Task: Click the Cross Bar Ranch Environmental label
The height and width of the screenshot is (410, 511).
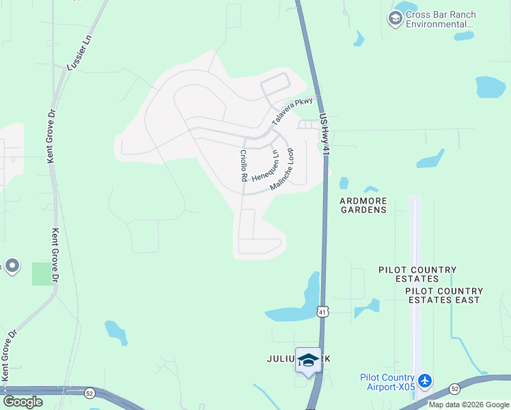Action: pyautogui.click(x=441, y=19)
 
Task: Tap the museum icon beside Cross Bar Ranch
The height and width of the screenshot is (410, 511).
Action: pyautogui.click(x=395, y=18)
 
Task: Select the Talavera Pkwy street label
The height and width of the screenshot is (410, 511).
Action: pyautogui.click(x=292, y=111)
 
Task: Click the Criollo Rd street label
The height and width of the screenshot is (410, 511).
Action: pyautogui.click(x=243, y=166)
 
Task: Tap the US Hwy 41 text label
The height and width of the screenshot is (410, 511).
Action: pyautogui.click(x=324, y=133)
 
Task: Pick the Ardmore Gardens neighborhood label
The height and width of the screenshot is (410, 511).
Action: pyautogui.click(x=364, y=205)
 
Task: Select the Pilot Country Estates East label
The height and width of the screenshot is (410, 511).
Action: pyautogui.click(x=443, y=295)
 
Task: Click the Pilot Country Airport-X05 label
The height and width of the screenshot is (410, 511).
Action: pyautogui.click(x=387, y=382)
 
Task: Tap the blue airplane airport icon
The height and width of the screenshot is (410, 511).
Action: pyautogui.click(x=425, y=379)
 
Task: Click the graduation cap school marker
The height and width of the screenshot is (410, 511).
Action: pyautogui.click(x=308, y=360)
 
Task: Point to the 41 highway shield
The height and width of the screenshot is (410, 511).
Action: pyautogui.click(x=321, y=312)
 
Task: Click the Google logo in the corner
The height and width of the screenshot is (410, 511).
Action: pyautogui.click(x=23, y=402)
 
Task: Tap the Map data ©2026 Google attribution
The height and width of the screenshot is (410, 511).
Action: pyautogui.click(x=469, y=405)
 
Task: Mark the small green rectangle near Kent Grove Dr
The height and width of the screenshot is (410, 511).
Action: pyautogui.click(x=42, y=274)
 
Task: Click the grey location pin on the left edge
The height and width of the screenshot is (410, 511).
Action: pyautogui.click(x=11, y=266)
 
